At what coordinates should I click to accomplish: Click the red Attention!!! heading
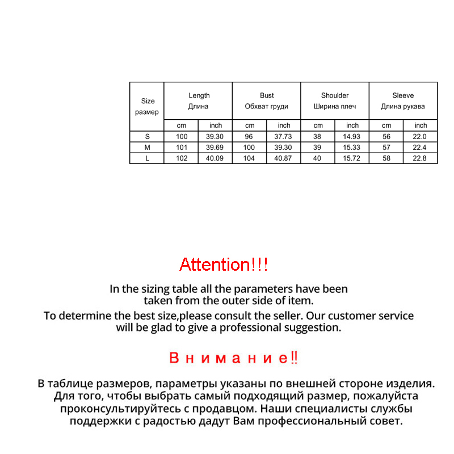pyautogui.click(x=223, y=264)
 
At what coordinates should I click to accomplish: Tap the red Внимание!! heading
pyautogui.click(x=233, y=358)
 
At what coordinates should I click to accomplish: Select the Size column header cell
pyautogui.click(x=147, y=106)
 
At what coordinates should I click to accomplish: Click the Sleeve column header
pyautogui.click(x=403, y=100)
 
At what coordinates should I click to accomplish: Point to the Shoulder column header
pyautogui.click(x=335, y=100)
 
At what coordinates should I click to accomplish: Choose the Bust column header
pyautogui.click(x=267, y=100)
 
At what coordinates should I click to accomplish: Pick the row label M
pyautogui.click(x=147, y=148)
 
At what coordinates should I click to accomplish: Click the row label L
pyautogui.click(x=147, y=158)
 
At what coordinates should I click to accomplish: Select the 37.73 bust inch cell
pyautogui.click(x=283, y=136)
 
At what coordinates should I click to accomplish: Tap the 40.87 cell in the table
pyautogui.click(x=283, y=158)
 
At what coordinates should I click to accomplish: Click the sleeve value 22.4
pyautogui.click(x=421, y=148)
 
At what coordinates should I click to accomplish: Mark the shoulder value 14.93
pyautogui.click(x=352, y=136)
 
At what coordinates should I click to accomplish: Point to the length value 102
pyautogui.click(x=181, y=158)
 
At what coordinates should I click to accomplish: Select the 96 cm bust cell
pyautogui.click(x=249, y=136)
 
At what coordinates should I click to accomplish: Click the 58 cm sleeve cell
pyautogui.click(x=386, y=158)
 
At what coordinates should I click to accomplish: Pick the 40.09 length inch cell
pyautogui.click(x=216, y=158)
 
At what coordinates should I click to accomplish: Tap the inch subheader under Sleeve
pyautogui.click(x=421, y=125)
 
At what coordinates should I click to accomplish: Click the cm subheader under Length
pyautogui.click(x=181, y=125)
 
